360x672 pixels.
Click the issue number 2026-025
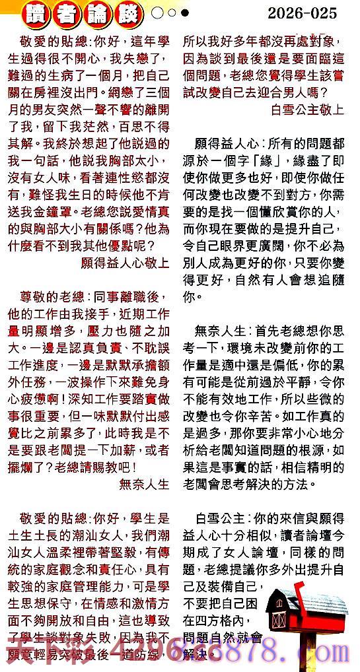(302, 13)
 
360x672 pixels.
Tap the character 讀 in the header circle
(34, 14)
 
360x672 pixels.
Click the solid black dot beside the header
(184, 13)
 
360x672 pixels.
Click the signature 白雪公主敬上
(307, 110)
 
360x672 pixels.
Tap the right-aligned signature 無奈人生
(144, 483)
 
